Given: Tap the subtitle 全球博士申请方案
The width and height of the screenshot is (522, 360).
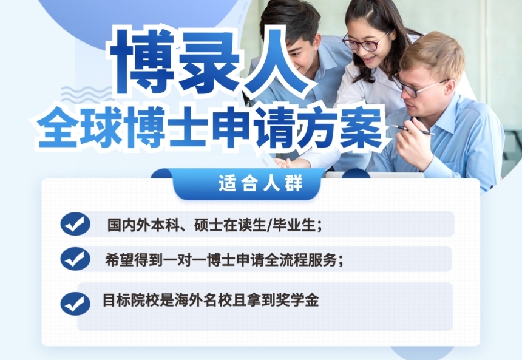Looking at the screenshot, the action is click(211, 129).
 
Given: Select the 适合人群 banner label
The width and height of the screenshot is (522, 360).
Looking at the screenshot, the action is click(260, 183).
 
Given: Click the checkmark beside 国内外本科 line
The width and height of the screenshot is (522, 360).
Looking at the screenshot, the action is click(75, 224).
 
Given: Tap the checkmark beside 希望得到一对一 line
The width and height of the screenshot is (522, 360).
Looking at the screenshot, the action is click(75, 259).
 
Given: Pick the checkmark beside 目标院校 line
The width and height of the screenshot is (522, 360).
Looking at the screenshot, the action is click(75, 304).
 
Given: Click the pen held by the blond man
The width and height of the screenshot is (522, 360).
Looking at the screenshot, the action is click(413, 130).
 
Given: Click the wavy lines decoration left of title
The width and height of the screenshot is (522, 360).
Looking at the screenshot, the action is click(87, 93).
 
